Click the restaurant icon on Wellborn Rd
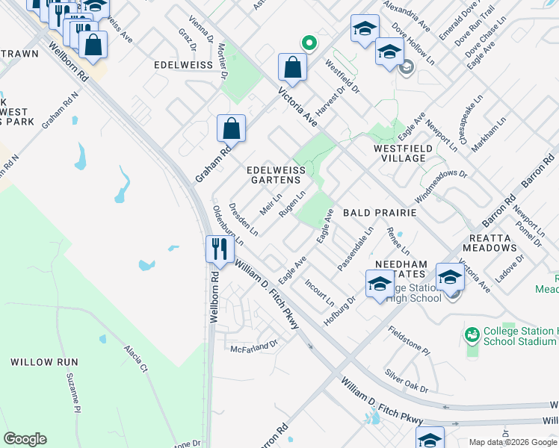coord(218,248)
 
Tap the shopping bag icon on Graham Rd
coord(232,128)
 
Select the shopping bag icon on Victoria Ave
coord(293,67)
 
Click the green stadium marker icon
coord(472,335)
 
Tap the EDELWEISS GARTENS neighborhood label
coord(277,175)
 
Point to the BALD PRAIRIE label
coord(379,213)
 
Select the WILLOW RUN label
coord(40,361)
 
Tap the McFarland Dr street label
coord(254,346)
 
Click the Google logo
coord(25,439)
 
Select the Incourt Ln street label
coord(320,293)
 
